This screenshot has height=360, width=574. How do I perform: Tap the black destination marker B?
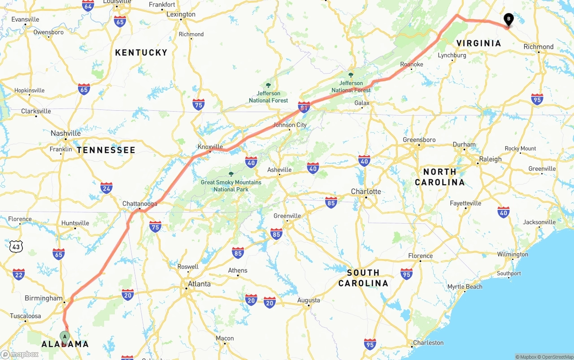coord(509,20)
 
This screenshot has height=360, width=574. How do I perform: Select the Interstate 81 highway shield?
coord(304,107)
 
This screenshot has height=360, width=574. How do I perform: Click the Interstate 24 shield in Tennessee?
coord(106,188)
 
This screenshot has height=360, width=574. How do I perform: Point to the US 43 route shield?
coord(16,246)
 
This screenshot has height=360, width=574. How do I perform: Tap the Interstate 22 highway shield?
coord(18,274)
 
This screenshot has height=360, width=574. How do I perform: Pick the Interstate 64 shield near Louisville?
coord(88,5)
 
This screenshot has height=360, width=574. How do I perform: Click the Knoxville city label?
coord(210,147)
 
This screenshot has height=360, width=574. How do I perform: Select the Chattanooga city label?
coord(140,204)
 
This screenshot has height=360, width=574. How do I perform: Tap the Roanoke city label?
coord(411,65)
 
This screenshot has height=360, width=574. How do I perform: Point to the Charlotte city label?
coord(366,191)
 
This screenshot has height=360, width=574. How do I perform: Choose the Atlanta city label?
coord(199,284)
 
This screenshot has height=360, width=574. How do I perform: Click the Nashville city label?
coord(65,133)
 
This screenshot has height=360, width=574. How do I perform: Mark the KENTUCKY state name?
coord(141,52)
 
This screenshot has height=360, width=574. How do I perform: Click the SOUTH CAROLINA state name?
coord(363,278)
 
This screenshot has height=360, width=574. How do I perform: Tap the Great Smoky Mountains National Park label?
coord(231,186)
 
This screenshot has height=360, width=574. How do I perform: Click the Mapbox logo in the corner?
coord(20,354)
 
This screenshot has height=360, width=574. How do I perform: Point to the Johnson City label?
coord(290,125)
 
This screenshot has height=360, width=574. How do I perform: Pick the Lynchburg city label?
coord(452,55)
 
